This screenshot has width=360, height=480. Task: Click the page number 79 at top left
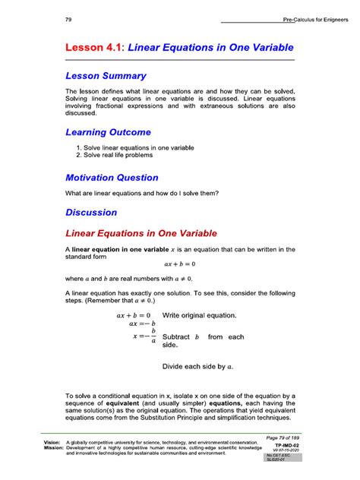70,19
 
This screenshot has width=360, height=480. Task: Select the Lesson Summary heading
106,76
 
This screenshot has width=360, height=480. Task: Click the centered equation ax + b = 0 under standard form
179,264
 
